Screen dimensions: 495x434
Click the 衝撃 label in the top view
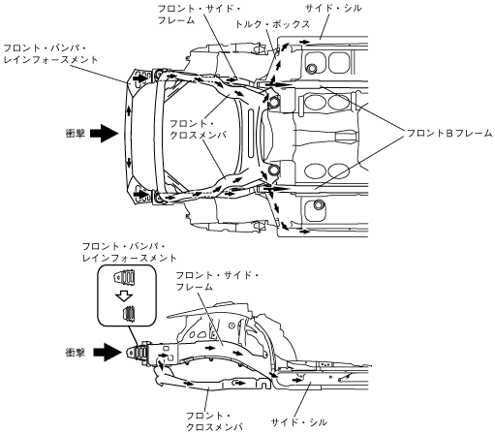(x=75, y=133)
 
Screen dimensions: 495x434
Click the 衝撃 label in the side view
(x=75, y=353)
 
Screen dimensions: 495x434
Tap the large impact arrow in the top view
(x=104, y=133)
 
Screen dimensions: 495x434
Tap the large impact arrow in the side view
(x=108, y=353)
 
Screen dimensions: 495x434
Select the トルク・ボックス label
(x=273, y=24)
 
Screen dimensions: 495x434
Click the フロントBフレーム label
(x=449, y=133)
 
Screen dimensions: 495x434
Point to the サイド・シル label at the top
(x=333, y=9)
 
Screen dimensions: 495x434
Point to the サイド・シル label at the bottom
(x=298, y=422)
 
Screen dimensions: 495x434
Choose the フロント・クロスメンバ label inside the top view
(x=199, y=129)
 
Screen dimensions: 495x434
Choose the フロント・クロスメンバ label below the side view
(x=215, y=421)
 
